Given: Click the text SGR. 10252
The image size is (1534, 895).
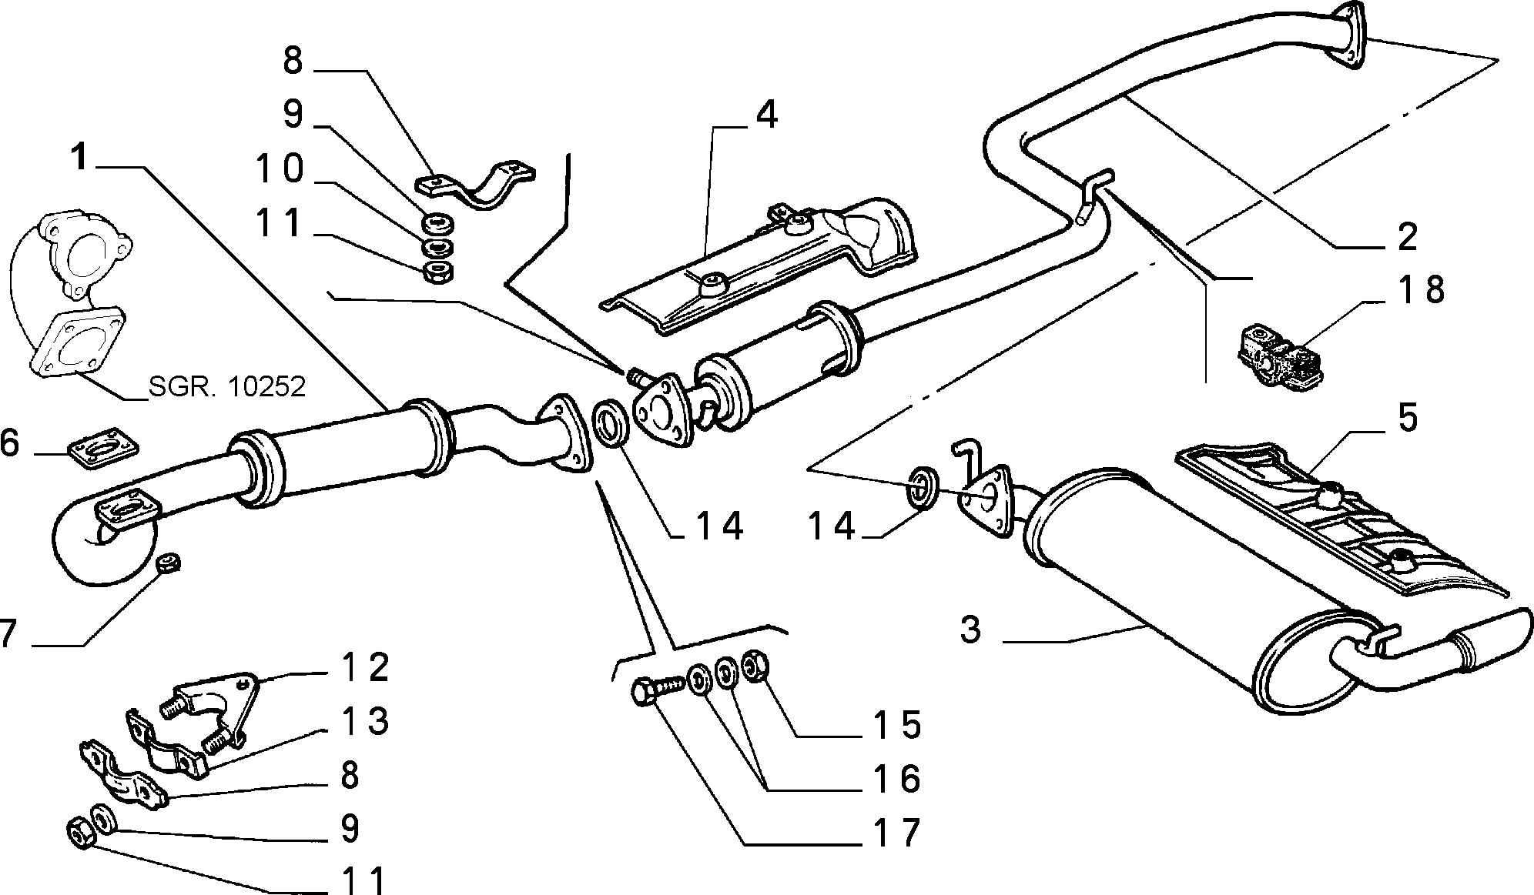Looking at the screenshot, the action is pos(227,386).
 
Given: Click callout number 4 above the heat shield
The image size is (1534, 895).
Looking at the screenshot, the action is pos(765,114).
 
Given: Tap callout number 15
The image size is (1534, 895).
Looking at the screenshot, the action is pos(897,723).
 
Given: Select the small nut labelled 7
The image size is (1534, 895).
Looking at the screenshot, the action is pos(168,563).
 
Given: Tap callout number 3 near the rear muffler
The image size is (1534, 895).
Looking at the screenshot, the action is pos(971,629).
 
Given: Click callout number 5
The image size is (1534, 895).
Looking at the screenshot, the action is pos(1407,419).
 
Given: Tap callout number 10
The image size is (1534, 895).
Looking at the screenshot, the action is pos(280,169).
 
